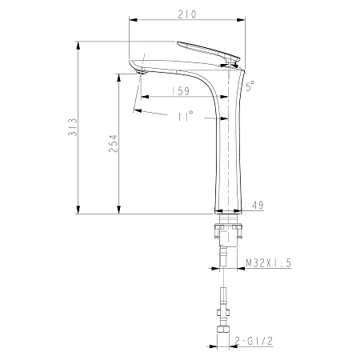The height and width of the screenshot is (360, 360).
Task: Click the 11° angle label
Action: tap(185, 117)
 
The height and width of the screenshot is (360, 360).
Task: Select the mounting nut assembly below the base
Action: tap(229, 232)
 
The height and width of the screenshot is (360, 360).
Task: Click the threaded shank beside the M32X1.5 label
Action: tap(228, 258)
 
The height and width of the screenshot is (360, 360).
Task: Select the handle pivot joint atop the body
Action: tap(234, 58)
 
